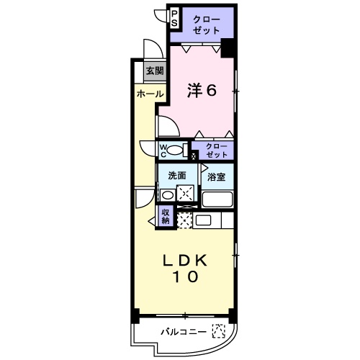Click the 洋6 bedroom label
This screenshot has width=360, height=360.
[x=202, y=90]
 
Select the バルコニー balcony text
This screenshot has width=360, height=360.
[x=184, y=331]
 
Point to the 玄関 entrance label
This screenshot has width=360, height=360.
[x=154, y=71]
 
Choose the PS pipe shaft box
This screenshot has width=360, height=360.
[x=174, y=17]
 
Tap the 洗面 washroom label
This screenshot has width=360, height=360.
[x=177, y=176]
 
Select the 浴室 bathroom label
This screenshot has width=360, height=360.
[x=217, y=176]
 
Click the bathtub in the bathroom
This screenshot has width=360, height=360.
[x=217, y=199]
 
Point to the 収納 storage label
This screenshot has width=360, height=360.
[x=165, y=216]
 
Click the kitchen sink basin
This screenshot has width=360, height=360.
[x=202, y=220]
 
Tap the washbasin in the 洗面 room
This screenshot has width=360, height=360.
[x=167, y=194]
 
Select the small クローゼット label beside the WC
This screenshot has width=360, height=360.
[x=215, y=150]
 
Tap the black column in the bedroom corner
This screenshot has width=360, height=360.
[x=228, y=49]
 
